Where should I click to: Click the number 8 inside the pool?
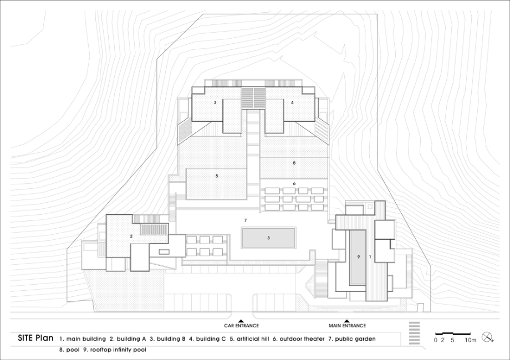point(268,238)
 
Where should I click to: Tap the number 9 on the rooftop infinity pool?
point(359,256)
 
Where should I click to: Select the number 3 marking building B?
point(215,102)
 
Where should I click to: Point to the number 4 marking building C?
point(292,102)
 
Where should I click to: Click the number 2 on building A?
point(131,236)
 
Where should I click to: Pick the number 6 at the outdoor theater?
point(294,183)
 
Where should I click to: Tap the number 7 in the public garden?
point(246,220)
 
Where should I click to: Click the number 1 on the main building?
point(370,256)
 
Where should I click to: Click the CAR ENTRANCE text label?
point(241,326)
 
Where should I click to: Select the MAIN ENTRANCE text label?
point(347,326)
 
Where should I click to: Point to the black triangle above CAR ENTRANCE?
point(241,321)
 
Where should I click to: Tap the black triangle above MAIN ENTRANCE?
point(346,321)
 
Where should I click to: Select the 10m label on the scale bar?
point(470,341)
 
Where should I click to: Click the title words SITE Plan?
point(36,338)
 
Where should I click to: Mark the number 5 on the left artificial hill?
point(217,176)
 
